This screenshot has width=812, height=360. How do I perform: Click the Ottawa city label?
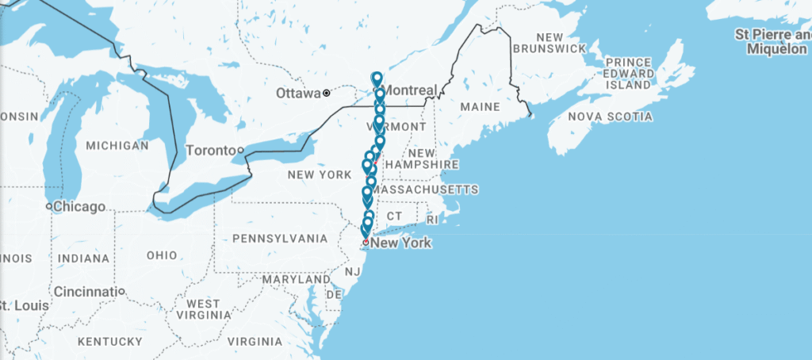click(x=298, y=94)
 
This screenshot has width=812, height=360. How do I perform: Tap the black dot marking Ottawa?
click(x=326, y=94)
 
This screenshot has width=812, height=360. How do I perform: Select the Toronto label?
click(x=210, y=150)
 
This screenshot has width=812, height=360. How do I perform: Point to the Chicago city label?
click(x=79, y=207)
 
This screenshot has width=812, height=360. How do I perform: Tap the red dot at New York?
click(x=366, y=242)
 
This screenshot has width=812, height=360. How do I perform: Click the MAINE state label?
click(x=480, y=106)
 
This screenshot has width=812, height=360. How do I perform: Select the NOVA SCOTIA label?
click(x=611, y=117)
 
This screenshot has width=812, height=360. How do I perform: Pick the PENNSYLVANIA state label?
click(x=280, y=238)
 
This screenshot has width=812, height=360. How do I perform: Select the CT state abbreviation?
click(x=395, y=216)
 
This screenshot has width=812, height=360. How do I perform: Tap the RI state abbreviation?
click(x=431, y=219)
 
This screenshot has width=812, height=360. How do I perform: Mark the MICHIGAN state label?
click(x=117, y=146)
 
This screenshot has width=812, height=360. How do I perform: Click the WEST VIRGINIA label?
click(x=203, y=310)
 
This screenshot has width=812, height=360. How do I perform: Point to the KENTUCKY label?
click(x=110, y=342)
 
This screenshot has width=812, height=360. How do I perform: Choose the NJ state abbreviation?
click(x=352, y=272)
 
